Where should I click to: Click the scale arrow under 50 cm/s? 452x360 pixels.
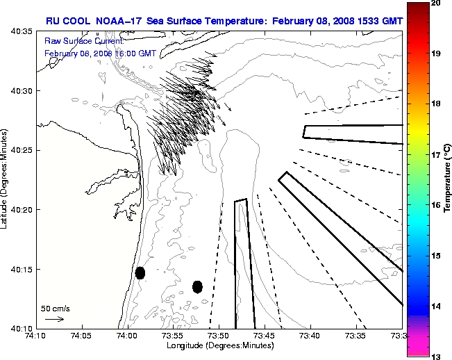click(55, 319)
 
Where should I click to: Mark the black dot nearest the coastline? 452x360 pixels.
click(140, 272)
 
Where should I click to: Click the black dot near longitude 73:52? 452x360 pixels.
click(197, 286)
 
